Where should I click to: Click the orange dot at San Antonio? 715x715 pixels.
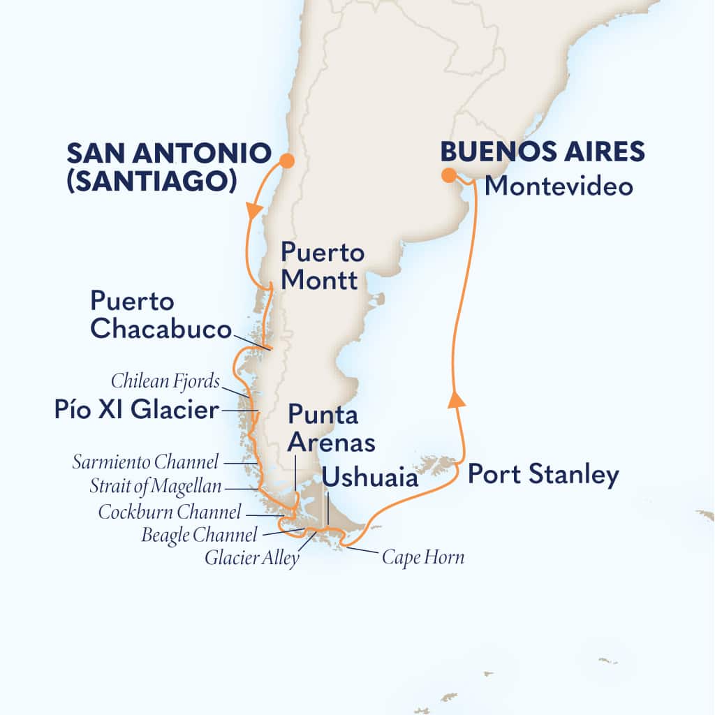286,161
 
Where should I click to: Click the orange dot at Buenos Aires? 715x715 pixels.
448,175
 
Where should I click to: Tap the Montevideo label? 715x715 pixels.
559,186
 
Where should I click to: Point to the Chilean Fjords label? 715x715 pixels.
165,381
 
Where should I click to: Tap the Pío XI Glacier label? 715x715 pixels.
136,411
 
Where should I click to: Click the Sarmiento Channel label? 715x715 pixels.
145,462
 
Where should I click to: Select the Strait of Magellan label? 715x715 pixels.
155,486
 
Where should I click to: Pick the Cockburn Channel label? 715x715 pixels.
170,512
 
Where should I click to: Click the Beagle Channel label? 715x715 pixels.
199,536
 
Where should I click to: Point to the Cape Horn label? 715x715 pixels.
422,558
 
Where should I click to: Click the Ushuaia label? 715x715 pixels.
371,478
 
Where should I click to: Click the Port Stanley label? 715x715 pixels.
543,475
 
